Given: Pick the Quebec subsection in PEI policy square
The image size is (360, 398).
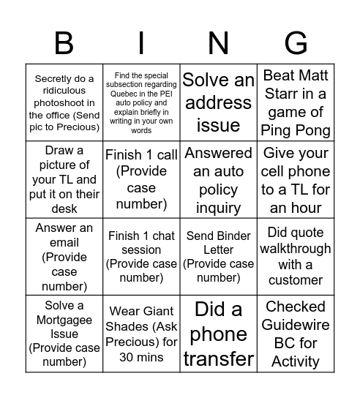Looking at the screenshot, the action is pyautogui.click(x=142, y=102).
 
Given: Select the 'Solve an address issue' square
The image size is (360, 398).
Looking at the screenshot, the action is pyautogui.click(x=219, y=102).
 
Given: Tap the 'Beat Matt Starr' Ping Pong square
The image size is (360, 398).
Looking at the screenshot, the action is pyautogui.click(x=296, y=102).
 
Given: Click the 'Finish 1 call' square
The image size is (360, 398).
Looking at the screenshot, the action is pyautogui.click(x=142, y=179).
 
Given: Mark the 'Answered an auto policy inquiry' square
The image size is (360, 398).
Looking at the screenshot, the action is pyautogui.click(x=219, y=179).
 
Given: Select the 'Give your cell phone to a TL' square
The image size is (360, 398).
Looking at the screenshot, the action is pyautogui.click(x=296, y=179).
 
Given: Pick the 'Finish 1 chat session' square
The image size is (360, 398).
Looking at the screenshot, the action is pyautogui.click(x=142, y=257).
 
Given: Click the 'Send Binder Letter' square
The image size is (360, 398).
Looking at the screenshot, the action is pyautogui.click(x=219, y=257).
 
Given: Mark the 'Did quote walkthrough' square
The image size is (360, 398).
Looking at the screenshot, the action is pyautogui.click(x=296, y=257).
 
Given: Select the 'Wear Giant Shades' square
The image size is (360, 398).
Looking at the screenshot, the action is pyautogui.click(x=142, y=334).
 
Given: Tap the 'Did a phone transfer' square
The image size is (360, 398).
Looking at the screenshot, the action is pyautogui.click(x=219, y=334).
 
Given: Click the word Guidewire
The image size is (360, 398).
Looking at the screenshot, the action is pyautogui.click(x=296, y=325).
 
